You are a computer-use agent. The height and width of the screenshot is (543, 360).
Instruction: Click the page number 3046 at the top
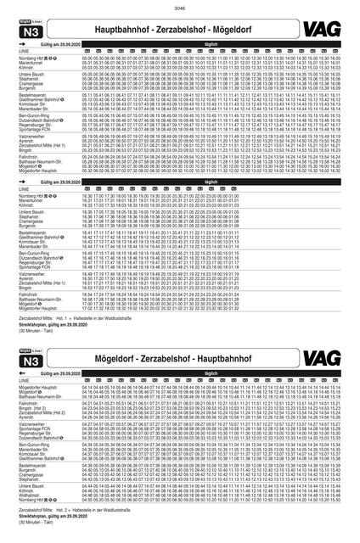(x=179, y=6)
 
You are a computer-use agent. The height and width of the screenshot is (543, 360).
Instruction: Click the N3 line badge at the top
(x=31, y=30)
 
